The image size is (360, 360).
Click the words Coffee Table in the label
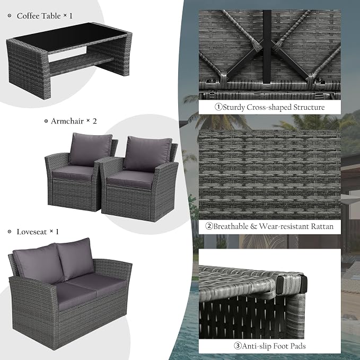(x=39, y=16)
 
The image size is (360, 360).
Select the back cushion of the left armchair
(x=91, y=149)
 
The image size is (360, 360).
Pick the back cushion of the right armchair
(x=147, y=154)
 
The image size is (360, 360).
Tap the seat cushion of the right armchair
(x=131, y=179)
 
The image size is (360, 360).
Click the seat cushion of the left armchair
(x=74, y=172)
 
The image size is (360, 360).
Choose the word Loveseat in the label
(x=32, y=232)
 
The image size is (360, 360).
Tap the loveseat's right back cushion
(x=76, y=258)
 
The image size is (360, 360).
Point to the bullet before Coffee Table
(x=10, y=15)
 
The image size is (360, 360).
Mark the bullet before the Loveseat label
(x=10, y=232)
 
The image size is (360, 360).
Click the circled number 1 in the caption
(x=218, y=107)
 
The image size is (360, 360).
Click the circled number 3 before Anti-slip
(x=238, y=346)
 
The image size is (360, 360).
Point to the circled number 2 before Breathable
(x=209, y=226)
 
